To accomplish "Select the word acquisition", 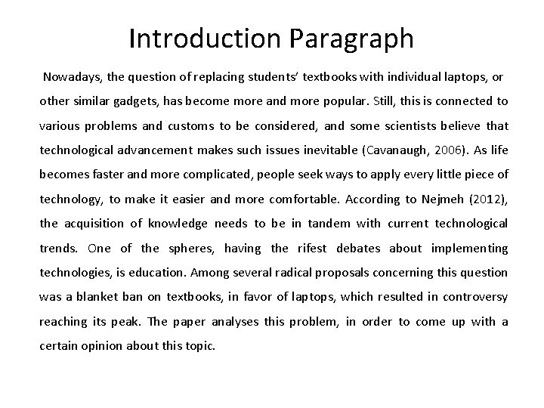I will (x=92, y=224).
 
